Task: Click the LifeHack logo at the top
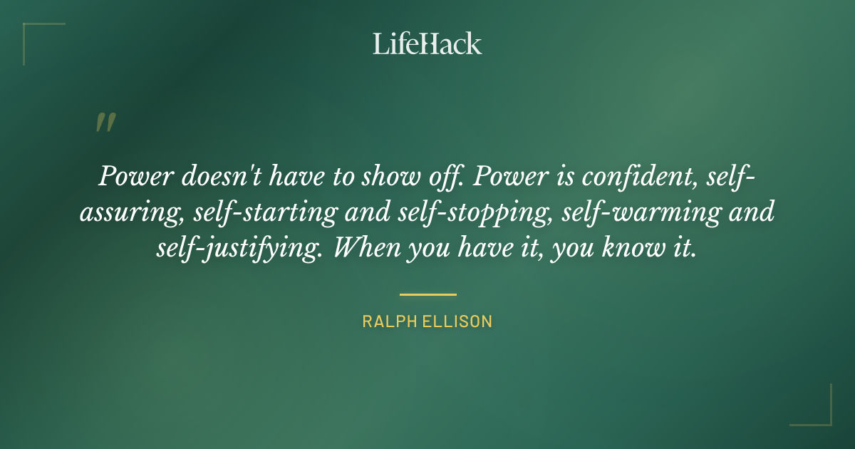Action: tap(427, 43)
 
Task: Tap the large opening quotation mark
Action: tap(105, 123)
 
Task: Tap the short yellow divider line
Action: tap(427, 294)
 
